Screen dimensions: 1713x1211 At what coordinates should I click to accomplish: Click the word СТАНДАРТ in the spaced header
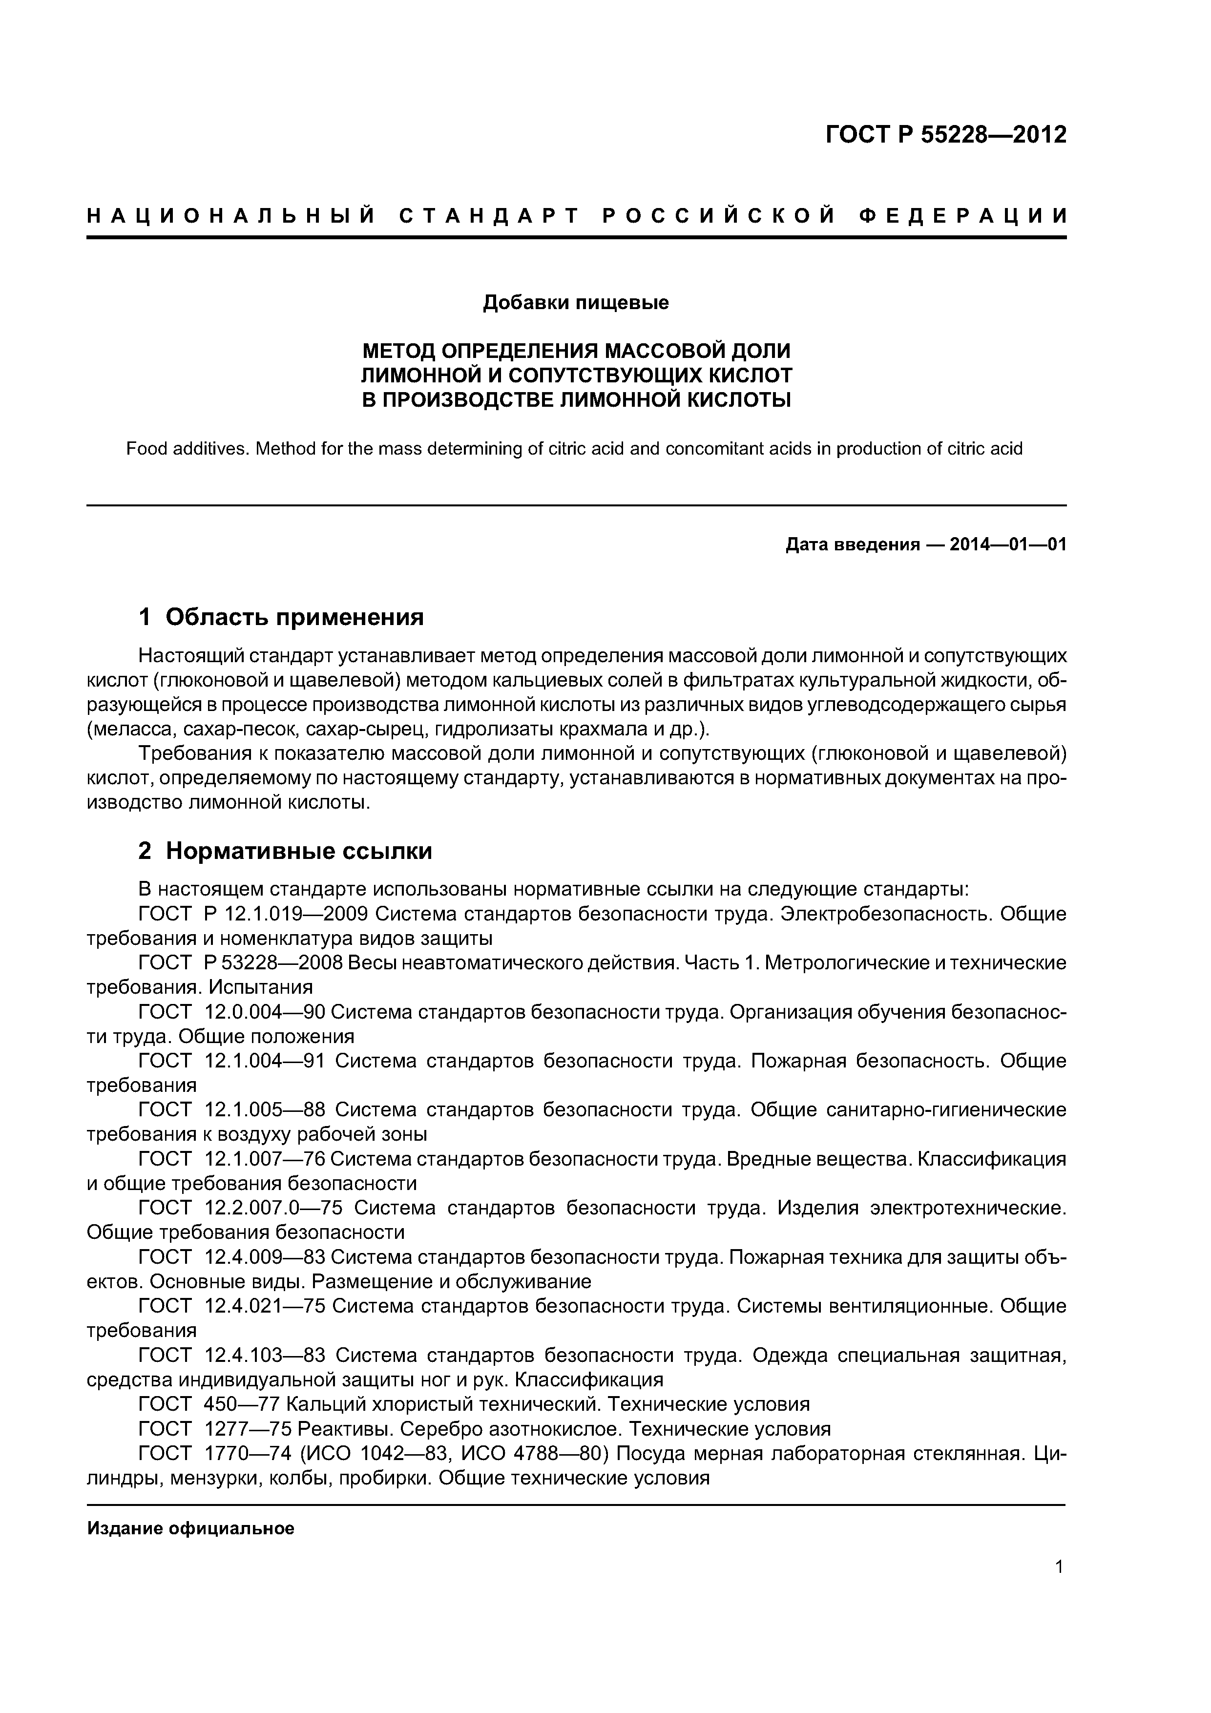(489, 216)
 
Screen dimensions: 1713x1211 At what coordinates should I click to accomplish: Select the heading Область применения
(294, 617)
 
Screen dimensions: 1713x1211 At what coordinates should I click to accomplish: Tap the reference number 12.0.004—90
(264, 1012)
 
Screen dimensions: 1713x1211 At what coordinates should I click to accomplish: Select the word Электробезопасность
(886, 914)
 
